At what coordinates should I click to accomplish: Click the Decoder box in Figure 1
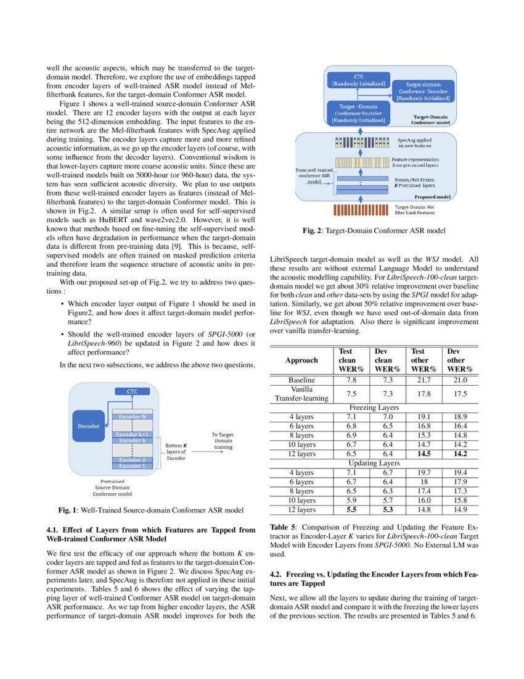click(88, 425)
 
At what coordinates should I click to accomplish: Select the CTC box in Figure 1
click(133, 391)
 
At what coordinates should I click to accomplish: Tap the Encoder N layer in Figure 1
click(133, 417)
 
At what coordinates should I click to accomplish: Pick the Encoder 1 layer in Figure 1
click(133, 466)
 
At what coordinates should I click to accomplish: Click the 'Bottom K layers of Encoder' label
click(177, 451)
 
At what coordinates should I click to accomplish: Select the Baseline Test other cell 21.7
click(422, 380)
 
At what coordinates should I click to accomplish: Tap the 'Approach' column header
click(301, 360)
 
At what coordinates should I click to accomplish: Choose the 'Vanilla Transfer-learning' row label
click(301, 394)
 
